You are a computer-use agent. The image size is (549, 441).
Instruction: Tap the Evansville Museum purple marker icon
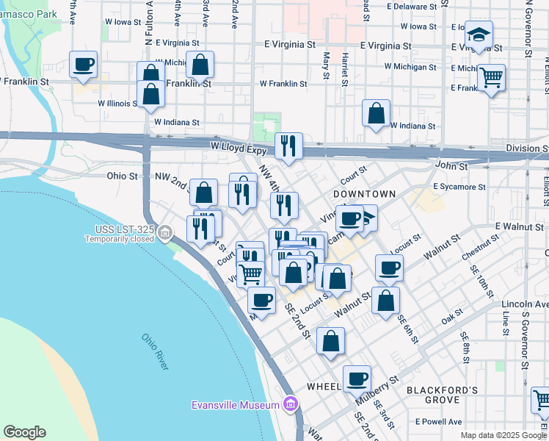[291, 404]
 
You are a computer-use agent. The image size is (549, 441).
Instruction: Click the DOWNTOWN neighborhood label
[365, 193]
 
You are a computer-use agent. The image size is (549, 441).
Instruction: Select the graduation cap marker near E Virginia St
[479, 35]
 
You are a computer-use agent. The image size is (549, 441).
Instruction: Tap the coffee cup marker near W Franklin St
[84, 64]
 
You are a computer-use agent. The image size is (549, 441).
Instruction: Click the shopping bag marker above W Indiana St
[376, 114]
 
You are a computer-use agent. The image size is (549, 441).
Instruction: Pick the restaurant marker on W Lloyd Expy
[289, 146]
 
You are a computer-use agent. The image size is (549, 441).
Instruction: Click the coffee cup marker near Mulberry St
[357, 379]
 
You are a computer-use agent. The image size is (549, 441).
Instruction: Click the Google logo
[24, 432]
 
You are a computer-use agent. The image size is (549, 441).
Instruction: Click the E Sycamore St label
[459, 187]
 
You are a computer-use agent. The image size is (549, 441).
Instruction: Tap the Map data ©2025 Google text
[503, 435]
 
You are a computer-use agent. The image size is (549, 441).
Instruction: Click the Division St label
[527, 148]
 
